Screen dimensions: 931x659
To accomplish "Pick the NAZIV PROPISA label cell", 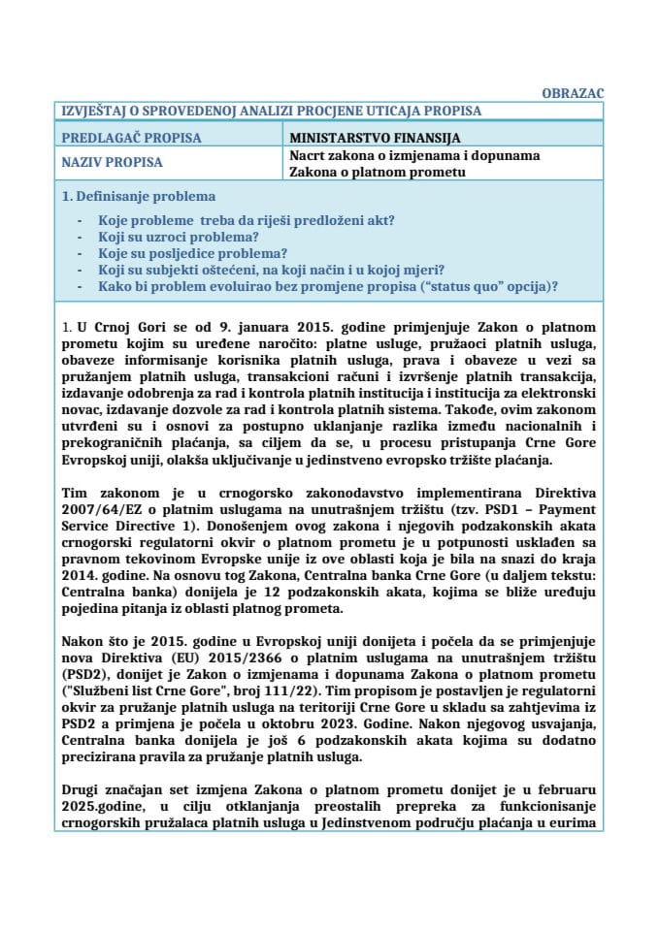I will (x=113, y=163).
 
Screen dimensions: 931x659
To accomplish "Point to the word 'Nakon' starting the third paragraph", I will (x=82, y=640).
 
